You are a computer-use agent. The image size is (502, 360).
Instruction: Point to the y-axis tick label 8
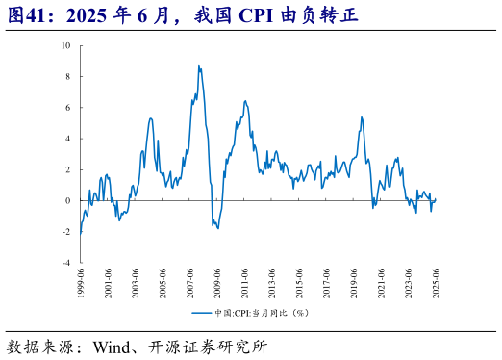67,76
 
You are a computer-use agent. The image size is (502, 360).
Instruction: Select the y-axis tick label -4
66,262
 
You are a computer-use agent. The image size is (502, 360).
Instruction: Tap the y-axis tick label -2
66,231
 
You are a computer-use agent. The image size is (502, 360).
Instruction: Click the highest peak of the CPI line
198,66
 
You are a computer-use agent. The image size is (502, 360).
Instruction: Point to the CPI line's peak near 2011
245,101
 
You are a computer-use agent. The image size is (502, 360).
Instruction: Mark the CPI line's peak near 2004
151,118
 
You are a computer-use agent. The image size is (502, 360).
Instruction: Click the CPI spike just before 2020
362,117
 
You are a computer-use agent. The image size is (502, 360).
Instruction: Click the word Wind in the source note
113,345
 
